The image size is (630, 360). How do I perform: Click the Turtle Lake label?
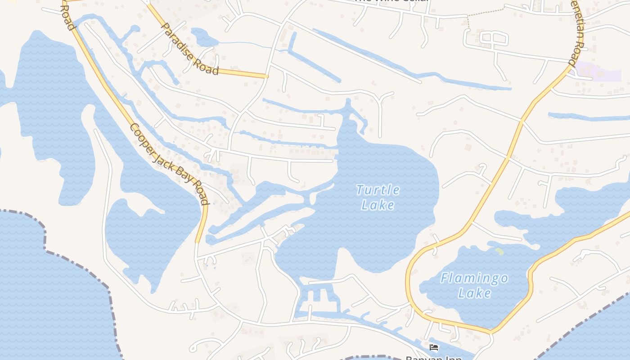point(378,197)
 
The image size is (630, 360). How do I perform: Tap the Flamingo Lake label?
point(474,285)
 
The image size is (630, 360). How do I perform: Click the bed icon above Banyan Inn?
point(434,347)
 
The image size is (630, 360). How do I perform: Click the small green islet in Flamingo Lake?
point(499,251)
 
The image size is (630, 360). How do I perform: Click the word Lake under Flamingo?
point(474,293)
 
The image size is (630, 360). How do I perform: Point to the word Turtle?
point(378,190)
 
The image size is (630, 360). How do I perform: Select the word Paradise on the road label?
point(178,40)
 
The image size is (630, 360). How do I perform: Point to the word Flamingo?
point(474,278)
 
